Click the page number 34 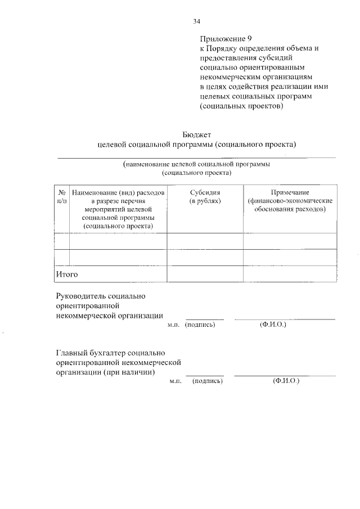196,22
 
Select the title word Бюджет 196,134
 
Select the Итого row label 66,274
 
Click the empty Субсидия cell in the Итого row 205,274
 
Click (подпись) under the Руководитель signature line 200,325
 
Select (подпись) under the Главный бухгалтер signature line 207,381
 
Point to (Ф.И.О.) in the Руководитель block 273,325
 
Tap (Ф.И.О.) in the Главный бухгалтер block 286,381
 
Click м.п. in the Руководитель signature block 173,325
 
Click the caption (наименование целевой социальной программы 196,164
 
